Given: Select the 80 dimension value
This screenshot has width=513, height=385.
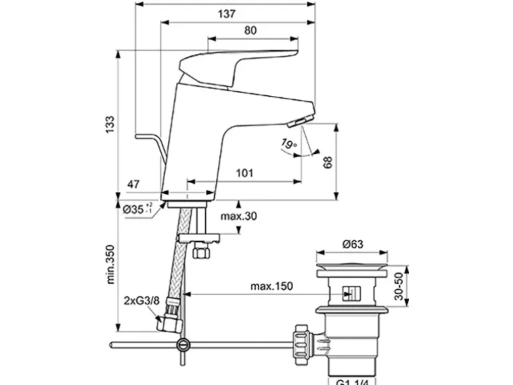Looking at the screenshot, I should point(251,30).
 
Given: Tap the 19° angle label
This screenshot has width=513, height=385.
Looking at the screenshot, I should point(288,143).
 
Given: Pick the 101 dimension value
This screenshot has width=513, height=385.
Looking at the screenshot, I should point(245,173).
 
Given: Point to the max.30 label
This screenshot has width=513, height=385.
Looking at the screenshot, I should point(239,216).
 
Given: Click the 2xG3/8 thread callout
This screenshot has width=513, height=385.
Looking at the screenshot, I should point(141,300).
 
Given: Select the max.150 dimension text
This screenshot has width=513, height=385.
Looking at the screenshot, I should point(272,285).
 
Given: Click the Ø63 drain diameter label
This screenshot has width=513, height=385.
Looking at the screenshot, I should point(352,244).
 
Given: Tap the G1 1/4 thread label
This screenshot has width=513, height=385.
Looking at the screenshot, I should point(351,380).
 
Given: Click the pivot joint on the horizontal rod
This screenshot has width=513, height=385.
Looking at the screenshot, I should point(182,345).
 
